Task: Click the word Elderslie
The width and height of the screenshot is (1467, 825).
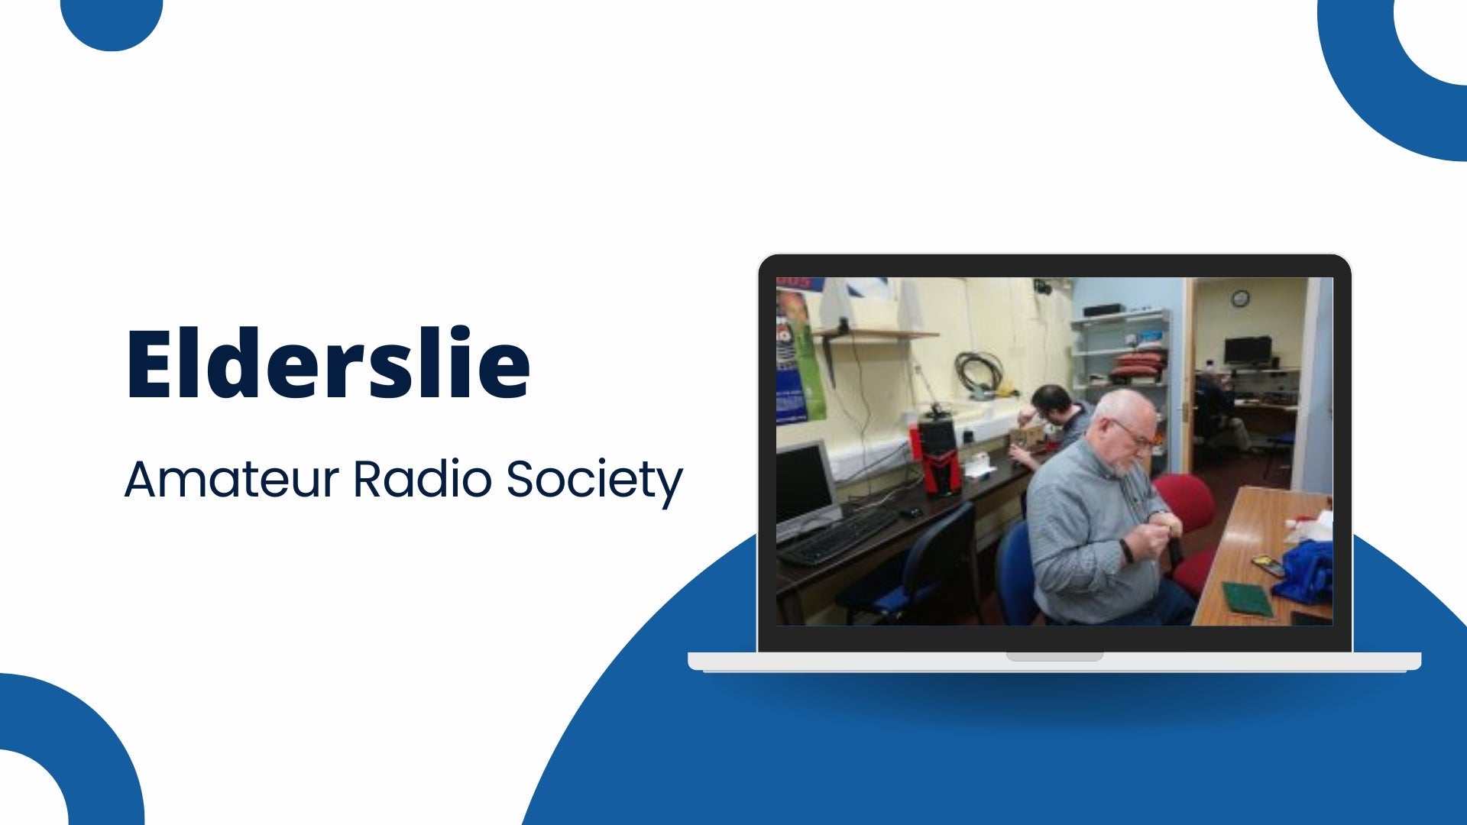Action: (328, 364)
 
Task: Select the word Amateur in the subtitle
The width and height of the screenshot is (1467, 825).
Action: (231, 480)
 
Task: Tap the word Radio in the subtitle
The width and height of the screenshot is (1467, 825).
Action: (423, 480)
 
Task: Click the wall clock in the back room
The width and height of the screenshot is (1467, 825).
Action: (1240, 298)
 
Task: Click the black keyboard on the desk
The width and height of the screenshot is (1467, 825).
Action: (838, 537)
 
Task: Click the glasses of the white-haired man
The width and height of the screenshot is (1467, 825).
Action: (1135, 434)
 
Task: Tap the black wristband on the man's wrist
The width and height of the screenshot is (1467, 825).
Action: (1127, 550)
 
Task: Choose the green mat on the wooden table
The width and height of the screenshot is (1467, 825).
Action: (1247, 598)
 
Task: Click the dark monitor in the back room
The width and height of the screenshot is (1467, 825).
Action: (1247, 350)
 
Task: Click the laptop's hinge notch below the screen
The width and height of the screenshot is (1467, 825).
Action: (1054, 656)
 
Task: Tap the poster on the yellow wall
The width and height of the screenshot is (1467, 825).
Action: (798, 355)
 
